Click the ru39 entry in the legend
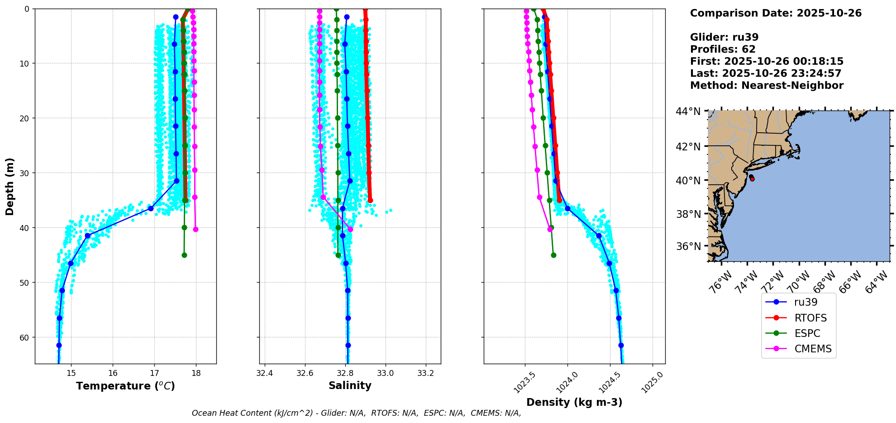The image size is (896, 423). pos(805,302)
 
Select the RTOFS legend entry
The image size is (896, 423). pos(810,318)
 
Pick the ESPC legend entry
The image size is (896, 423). pos(807,333)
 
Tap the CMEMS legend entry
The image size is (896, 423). pos(813,349)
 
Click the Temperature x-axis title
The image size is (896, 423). pos(125,386)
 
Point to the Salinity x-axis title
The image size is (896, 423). pos(350,386)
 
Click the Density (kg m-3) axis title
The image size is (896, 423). pos(574,402)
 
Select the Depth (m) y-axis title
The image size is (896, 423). pos(10,186)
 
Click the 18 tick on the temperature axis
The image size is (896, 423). pos(196,373)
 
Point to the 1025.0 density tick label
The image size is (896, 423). pos(652,383)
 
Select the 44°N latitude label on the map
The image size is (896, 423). pos(688,111)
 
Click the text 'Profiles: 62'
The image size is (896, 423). pos(722,49)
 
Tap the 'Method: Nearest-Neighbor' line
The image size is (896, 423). pos(767,86)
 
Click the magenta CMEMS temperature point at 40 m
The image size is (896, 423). pos(195,230)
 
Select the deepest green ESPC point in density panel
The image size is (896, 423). pos(553,255)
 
